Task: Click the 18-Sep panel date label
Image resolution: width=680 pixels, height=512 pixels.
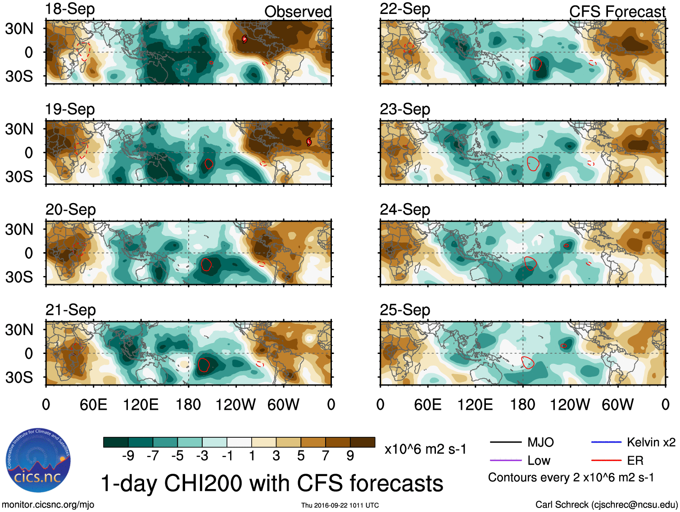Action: click(70, 9)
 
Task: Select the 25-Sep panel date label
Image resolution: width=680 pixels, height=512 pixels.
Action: click(404, 310)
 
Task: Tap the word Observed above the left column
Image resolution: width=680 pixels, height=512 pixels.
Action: click(298, 12)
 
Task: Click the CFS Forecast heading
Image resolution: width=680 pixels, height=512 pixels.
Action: click(617, 12)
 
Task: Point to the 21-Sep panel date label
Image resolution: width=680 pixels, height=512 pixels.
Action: click(70, 310)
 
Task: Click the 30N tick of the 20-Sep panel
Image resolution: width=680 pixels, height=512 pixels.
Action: click(19, 229)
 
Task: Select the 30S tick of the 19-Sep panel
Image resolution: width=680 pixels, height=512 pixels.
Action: click(19, 177)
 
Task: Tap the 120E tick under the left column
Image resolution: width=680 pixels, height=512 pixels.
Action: click(141, 404)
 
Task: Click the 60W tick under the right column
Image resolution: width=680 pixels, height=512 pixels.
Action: click(617, 404)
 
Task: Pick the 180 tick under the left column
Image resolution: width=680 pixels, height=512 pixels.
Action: click(188, 404)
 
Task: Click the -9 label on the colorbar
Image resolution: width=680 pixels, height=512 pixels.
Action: click(128, 456)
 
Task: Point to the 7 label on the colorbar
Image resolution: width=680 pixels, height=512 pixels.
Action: click(325, 456)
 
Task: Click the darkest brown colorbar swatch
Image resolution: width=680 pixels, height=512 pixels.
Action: click(363, 442)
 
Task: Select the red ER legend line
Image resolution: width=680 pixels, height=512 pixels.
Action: click(606, 460)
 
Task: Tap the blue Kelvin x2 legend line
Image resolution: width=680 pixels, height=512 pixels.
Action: click(606, 442)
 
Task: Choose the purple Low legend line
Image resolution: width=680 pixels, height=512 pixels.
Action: click(505, 460)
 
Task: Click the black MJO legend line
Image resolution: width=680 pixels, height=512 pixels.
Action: click(505, 442)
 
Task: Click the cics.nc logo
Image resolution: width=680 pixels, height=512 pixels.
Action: click(38, 460)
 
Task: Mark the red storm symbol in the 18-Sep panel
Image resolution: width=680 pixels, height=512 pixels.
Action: click(245, 39)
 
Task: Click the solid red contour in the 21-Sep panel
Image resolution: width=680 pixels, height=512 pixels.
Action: click(204, 364)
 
